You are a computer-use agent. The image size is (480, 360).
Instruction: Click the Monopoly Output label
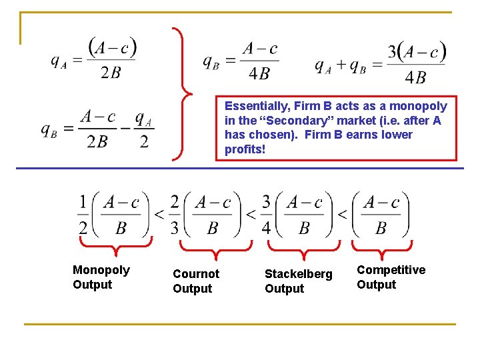pos(101,277)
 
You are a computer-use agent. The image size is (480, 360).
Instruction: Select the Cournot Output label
pos(195,281)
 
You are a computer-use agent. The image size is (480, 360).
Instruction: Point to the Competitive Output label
pos(391,277)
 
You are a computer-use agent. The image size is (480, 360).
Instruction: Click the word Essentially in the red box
pos(255,106)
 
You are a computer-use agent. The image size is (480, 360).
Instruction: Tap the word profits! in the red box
pos(245,149)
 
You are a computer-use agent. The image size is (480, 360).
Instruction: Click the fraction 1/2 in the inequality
pos(83,215)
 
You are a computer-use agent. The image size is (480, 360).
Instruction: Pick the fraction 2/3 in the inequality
pos(175,215)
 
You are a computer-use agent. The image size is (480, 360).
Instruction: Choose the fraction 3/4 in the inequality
pos(266,215)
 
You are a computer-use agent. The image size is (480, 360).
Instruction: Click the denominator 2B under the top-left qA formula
pos(111,73)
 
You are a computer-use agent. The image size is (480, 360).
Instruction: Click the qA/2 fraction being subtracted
pos(144,130)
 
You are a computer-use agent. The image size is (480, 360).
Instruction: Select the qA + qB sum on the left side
pos(340,67)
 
